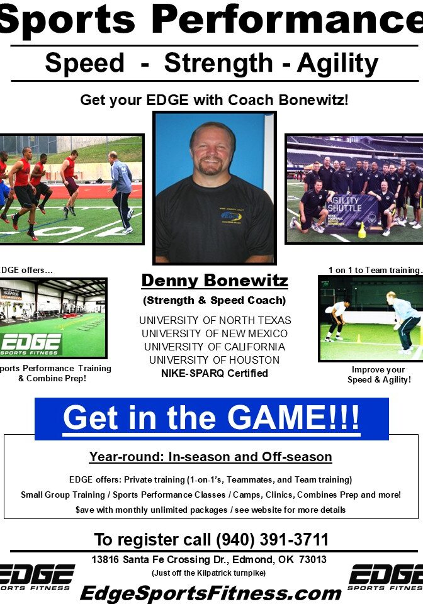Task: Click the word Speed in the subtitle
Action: point(84,64)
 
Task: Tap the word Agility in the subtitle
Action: point(337,64)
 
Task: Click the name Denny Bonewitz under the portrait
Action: point(215,281)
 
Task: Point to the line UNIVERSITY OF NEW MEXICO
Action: point(215,333)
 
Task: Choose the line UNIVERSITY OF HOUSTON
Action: point(215,360)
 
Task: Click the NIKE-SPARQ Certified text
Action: point(215,373)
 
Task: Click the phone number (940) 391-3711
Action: point(272,540)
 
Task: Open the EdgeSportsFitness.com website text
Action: point(210,593)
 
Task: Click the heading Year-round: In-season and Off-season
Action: point(210,457)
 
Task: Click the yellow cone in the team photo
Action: point(361,230)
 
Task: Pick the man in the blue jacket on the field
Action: point(120,191)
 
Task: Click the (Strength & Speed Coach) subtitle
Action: point(215,300)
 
